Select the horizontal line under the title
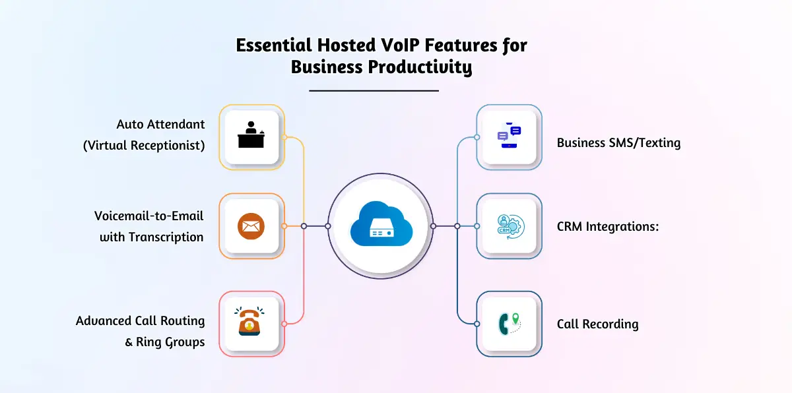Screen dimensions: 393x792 click(374, 90)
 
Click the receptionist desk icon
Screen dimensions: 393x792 click(251, 137)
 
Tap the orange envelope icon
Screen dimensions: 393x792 click(251, 226)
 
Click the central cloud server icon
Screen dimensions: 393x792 click(380, 226)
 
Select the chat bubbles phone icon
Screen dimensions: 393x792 click(509, 137)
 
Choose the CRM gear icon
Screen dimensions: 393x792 click(509, 226)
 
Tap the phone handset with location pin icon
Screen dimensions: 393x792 click(509, 324)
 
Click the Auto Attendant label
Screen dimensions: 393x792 click(160, 124)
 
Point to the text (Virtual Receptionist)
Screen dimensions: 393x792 click(144, 146)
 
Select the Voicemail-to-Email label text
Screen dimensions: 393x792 click(148, 216)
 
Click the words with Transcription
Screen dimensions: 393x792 click(151, 237)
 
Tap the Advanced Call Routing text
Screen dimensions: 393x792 click(140, 320)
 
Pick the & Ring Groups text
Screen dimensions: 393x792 click(164, 342)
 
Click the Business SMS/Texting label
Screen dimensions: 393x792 click(618, 142)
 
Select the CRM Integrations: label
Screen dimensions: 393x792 click(609, 226)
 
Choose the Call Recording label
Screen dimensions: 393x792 click(597, 324)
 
